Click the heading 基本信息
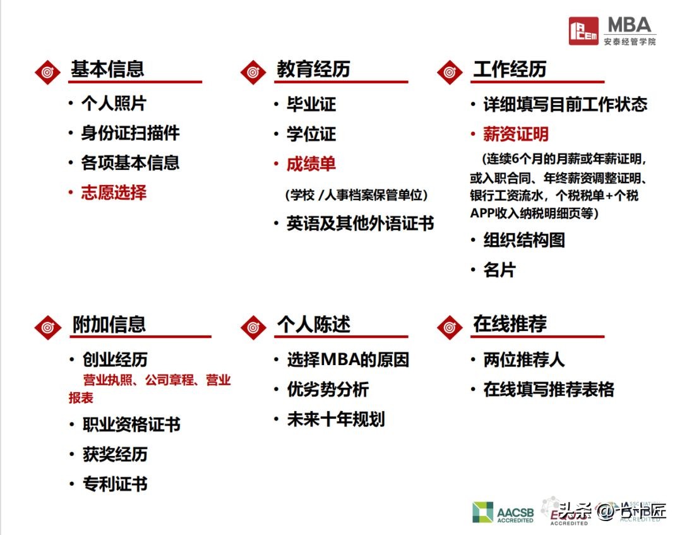coord(107,69)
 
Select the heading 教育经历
coord(313,69)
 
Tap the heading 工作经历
coord(509,69)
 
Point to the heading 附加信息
coord(109,325)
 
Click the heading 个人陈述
coord(313,325)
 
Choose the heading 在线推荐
coord(509,325)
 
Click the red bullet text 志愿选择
coord(114,192)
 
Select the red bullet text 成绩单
coord(311,164)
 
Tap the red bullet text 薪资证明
coord(515,134)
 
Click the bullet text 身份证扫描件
coord(130,133)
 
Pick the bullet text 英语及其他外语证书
coord(360,224)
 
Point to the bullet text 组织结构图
coord(523,240)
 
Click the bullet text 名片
coord(499,270)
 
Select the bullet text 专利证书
coord(114,484)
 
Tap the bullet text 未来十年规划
coord(335,419)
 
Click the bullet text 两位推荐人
coord(523,360)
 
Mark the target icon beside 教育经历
coord(253,71)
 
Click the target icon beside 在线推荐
coord(450,327)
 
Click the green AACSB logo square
coord(482,512)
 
